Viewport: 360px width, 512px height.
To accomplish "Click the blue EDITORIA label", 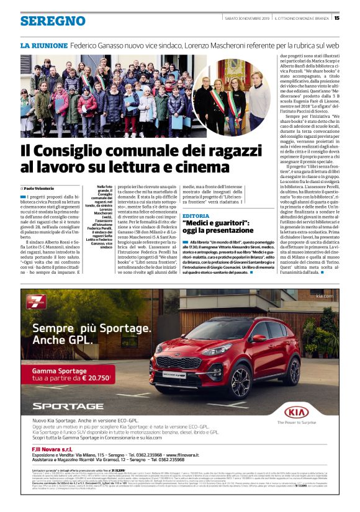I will (196, 215).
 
